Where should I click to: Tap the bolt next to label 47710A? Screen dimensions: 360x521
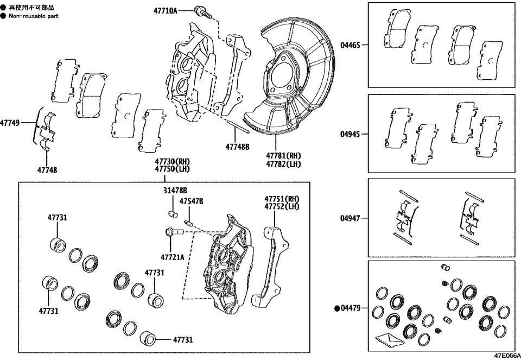click(200, 10)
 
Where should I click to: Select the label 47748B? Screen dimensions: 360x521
click(237, 146)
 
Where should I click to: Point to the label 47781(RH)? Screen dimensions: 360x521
click(283, 155)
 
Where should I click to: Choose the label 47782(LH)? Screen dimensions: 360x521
click(283, 163)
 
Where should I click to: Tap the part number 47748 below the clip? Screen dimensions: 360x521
click(47, 170)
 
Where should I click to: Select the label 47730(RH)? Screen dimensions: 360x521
click(173, 161)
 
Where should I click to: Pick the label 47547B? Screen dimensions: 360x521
click(192, 201)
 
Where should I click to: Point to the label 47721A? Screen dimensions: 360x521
click(173, 257)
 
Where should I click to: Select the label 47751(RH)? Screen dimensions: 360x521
click(282, 199)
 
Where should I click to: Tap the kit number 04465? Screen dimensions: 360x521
click(350, 46)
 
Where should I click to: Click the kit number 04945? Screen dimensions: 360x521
click(350, 134)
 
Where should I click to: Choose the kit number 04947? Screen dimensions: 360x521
click(350, 218)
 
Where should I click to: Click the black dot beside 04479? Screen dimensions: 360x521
click(337, 308)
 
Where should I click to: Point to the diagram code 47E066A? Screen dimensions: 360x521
click(506, 356)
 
